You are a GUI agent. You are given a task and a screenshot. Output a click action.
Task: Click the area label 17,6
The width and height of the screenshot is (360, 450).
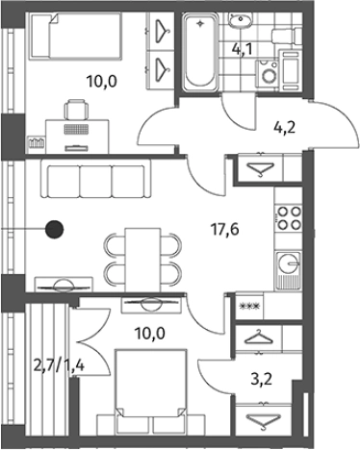click(224, 230)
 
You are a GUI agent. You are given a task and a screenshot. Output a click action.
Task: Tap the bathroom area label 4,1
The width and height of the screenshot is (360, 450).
click(243, 49)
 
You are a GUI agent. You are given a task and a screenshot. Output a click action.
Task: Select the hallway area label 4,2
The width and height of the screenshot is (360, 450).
click(284, 128)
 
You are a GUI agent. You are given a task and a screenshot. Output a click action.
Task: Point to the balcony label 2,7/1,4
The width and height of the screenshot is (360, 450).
click(59, 365)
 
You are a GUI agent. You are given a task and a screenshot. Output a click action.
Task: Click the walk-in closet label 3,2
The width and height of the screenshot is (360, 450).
click(261, 380)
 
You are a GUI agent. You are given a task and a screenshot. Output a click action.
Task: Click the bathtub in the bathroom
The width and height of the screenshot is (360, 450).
click(200, 51)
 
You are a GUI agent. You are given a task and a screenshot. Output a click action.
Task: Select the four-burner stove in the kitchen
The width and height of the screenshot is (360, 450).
click(289, 218)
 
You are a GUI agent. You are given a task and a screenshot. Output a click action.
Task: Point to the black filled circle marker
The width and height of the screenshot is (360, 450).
click(54, 230)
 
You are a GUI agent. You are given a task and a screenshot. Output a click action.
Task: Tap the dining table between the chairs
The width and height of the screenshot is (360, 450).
click(142, 260)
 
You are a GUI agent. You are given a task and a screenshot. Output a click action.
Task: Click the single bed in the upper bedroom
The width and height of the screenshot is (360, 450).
click(76, 36)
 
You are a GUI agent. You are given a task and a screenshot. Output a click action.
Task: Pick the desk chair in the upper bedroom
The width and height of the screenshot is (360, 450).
click(76, 110)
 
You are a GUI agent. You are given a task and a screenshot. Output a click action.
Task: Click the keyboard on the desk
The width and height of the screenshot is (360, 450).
click(76, 129)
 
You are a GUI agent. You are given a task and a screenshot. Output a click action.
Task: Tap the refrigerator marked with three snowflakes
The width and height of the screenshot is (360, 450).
click(249, 306)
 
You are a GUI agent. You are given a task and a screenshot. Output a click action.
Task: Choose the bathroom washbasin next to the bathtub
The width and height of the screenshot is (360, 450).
click(240, 19)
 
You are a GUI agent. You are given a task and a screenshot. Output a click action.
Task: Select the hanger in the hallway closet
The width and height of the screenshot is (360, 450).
click(260, 168)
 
